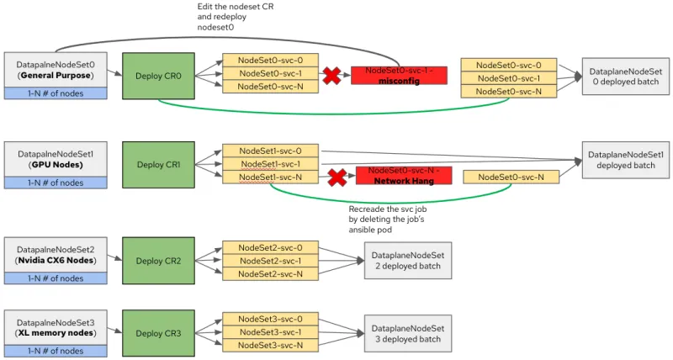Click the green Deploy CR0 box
[x=158, y=76]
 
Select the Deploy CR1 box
[x=158, y=164]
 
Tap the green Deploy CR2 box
[x=158, y=261]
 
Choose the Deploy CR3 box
[x=158, y=333]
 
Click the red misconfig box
[x=399, y=76]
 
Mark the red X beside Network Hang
[x=336, y=177]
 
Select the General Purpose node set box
[x=56, y=69]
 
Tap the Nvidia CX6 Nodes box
[x=56, y=255]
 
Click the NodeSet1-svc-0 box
[x=271, y=151]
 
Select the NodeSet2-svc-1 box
[x=271, y=261]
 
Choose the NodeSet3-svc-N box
[x=271, y=346]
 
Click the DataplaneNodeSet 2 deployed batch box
[x=407, y=261]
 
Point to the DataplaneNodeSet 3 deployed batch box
[x=407, y=333]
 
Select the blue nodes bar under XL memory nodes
[x=56, y=350]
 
